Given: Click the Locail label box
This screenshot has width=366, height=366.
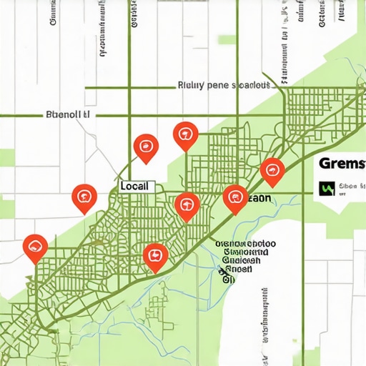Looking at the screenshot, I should (136, 186).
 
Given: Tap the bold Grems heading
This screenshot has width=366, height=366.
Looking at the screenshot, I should (342, 164).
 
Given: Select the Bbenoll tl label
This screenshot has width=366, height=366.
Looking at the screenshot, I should (68, 114).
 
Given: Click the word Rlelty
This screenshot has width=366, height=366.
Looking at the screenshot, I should (191, 85).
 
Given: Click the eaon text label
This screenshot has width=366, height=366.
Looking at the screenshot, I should (259, 199).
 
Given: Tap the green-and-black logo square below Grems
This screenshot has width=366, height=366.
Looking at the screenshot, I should (326, 189).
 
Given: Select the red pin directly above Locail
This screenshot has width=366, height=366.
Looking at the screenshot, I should (146, 146).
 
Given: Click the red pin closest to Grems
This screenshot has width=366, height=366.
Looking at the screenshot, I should (272, 170).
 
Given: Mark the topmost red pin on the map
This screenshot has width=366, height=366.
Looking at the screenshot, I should (186, 134).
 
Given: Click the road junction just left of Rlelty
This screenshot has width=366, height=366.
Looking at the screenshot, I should (129, 87).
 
